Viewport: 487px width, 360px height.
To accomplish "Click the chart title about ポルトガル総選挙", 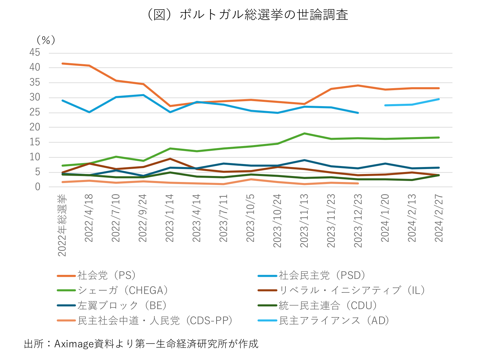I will pyautogui.click(x=247, y=15).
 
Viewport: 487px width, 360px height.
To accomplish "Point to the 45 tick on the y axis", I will pyautogui.click(x=35, y=53).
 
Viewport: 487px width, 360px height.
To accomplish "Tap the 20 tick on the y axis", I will pyautogui.click(x=35, y=127).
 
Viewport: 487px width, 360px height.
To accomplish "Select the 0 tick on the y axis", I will pyautogui.click(x=37, y=187).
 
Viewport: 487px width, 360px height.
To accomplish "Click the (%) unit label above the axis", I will pyautogui.click(x=46, y=40).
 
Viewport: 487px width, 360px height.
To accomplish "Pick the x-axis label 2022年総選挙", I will pyautogui.click(x=62, y=225).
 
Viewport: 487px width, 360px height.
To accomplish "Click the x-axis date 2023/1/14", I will pyautogui.click(x=170, y=218).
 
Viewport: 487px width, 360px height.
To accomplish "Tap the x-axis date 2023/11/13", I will pyautogui.click(x=304, y=221).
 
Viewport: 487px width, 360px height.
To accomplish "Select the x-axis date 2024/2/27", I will pyautogui.click(x=439, y=218).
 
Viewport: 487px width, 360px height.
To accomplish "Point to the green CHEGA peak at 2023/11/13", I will pyautogui.click(x=304, y=133).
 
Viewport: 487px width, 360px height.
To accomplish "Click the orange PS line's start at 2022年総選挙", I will pyautogui.click(x=63, y=63).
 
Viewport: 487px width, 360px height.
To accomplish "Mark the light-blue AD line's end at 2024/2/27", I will pyautogui.click(x=439, y=99).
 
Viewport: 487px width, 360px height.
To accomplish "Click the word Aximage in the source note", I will pyautogui.click(x=74, y=344).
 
